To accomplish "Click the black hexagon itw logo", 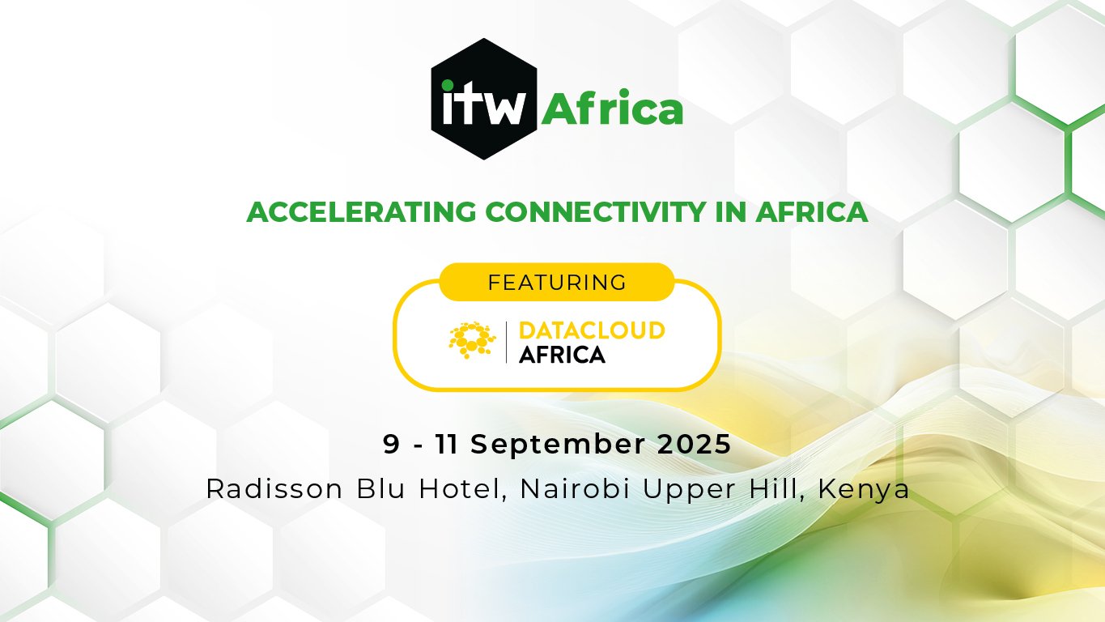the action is click(484, 99).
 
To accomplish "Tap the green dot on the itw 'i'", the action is click(448, 86).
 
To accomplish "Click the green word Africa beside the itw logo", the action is click(612, 107).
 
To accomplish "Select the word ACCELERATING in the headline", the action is click(362, 211).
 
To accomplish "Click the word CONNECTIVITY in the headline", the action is click(595, 211).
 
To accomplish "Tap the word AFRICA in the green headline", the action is click(811, 211).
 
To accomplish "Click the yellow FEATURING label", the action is click(557, 283).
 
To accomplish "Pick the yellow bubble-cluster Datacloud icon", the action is click(472, 339).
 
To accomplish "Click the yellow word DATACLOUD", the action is click(592, 330).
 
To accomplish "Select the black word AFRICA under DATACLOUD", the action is click(563, 355).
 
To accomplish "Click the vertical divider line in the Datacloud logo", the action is click(507, 342).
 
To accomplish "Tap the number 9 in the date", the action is click(391, 444).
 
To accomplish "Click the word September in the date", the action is click(558, 445).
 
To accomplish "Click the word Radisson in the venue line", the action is click(274, 489).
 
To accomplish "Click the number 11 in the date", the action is click(446, 444).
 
